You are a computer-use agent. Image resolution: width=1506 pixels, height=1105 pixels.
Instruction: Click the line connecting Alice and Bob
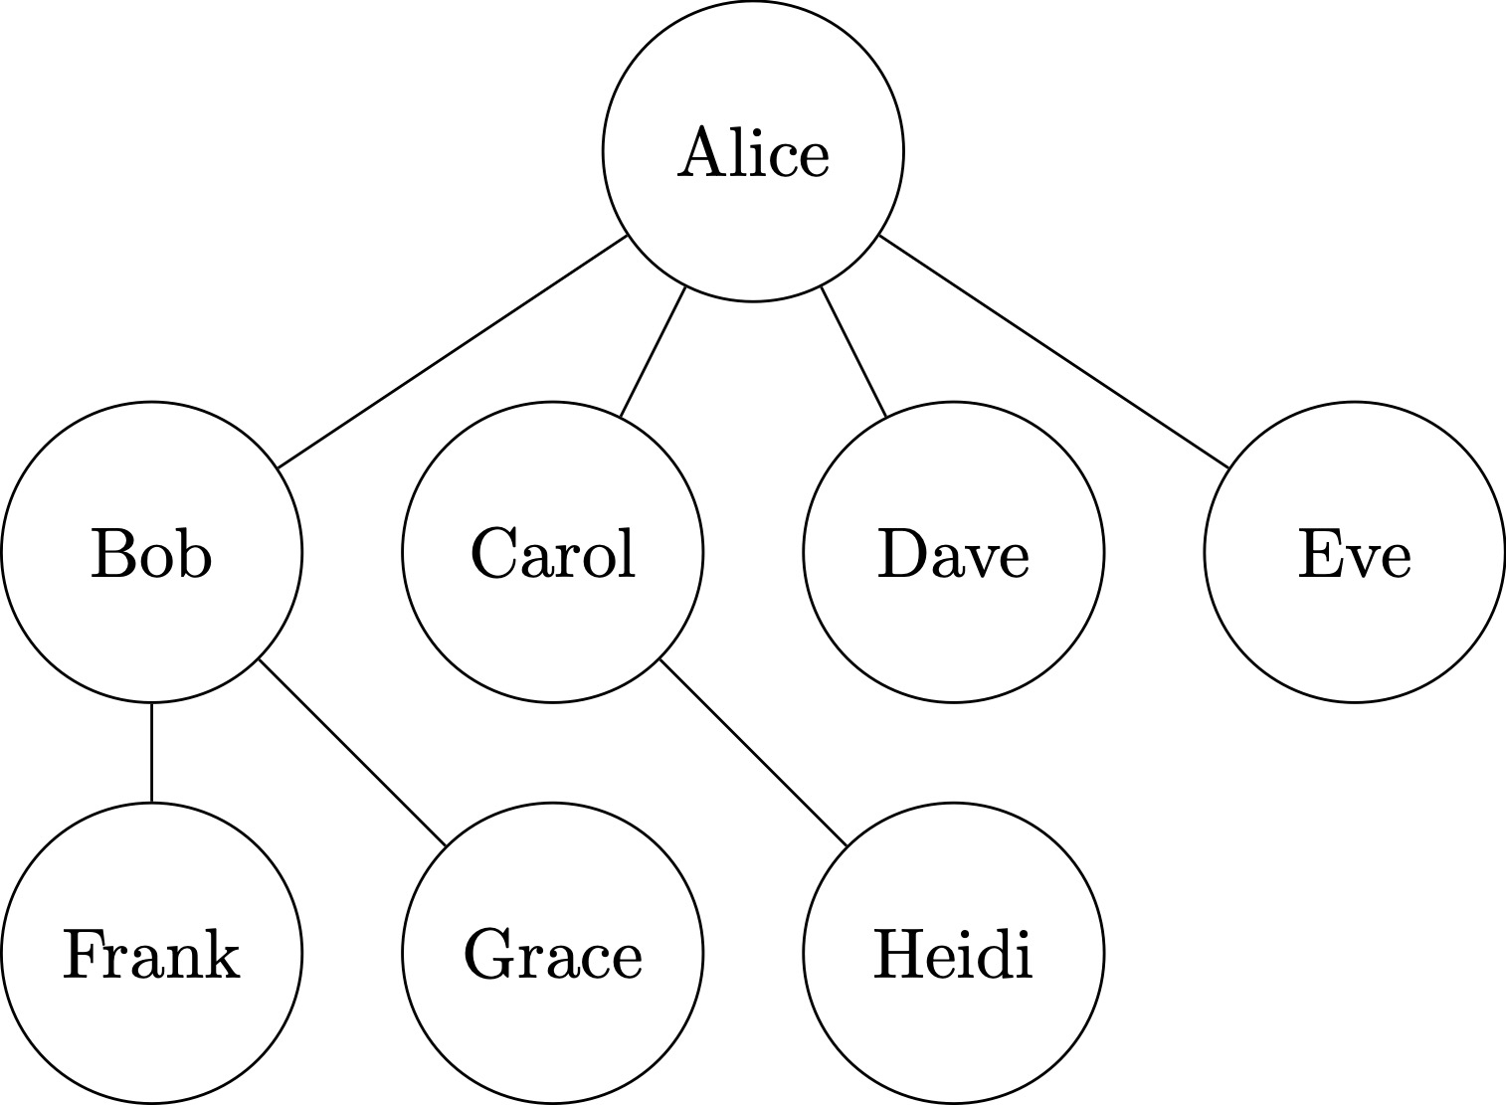pos(453,351)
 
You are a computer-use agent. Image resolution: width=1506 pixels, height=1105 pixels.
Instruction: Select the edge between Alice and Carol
pos(653,351)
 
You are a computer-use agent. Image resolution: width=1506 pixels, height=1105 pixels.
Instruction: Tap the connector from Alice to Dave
pos(853,351)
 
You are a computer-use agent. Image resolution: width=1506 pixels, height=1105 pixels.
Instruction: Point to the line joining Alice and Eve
pos(1054,351)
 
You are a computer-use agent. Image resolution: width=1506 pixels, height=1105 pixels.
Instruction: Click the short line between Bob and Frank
pos(151,752)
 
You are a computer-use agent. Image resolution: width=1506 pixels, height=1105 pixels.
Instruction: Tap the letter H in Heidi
pos(896,954)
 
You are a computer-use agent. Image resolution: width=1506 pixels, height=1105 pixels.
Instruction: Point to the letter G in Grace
pos(486,955)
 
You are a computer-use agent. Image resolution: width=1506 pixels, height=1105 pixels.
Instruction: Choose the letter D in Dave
pos(899,554)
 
